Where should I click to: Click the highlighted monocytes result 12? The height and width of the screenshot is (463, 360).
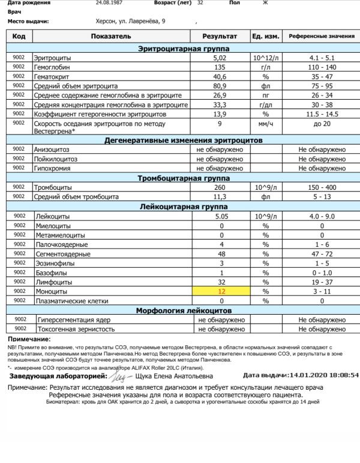coord(221,291)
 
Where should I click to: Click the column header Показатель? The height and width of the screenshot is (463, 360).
coord(110,37)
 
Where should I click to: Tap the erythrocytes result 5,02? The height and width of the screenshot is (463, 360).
coord(221,58)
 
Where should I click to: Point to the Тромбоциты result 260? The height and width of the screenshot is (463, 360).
coord(221,187)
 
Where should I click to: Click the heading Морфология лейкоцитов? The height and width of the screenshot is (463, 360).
coord(183,310)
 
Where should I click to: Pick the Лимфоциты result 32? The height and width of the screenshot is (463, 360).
coord(221,282)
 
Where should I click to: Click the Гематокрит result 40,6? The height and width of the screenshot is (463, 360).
coord(221,76)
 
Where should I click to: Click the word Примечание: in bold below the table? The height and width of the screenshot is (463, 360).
coord(29,340)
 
